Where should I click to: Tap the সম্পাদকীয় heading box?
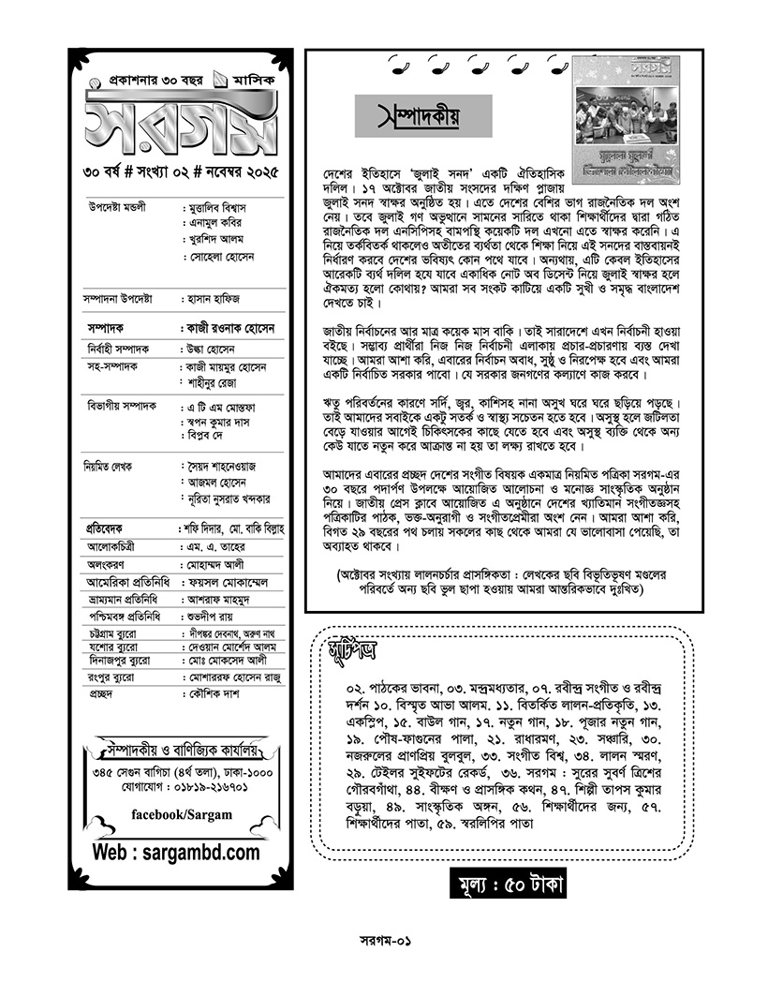click(423, 119)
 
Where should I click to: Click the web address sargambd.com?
click(176, 853)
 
